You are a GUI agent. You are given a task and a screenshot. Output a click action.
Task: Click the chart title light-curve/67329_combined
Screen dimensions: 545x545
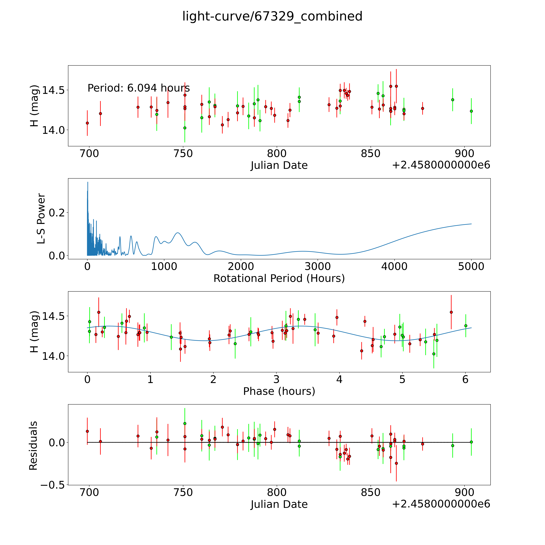(x=272, y=16)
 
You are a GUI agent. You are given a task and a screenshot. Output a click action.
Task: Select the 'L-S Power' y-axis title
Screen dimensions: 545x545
(x=41, y=219)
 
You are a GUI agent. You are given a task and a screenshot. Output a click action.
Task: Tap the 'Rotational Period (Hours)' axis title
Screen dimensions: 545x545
(x=279, y=278)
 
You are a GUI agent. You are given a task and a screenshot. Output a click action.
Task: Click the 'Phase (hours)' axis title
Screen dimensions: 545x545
(x=279, y=391)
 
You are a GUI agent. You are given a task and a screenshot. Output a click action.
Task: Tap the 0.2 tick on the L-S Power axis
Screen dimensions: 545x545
(x=57, y=212)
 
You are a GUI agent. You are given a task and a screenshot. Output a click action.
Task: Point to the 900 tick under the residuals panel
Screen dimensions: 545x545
(x=464, y=493)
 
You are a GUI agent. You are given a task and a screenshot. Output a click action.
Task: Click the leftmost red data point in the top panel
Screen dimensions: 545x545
(x=87, y=123)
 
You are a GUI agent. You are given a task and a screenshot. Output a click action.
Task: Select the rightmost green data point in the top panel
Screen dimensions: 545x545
(x=471, y=111)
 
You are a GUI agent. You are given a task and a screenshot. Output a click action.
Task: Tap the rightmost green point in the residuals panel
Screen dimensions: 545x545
(x=471, y=442)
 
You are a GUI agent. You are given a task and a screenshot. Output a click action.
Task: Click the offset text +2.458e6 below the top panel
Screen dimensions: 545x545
(x=441, y=165)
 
